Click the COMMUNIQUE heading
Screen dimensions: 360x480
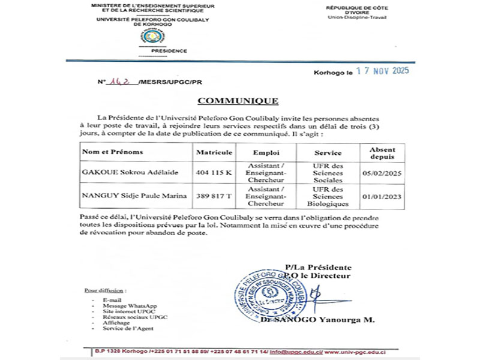pos(238,101)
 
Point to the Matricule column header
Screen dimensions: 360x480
pos(214,152)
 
